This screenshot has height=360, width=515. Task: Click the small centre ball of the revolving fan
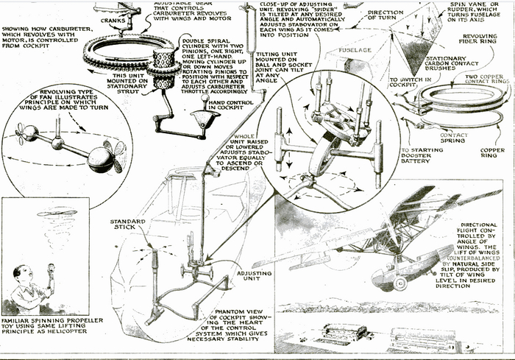(x=56, y=143)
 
